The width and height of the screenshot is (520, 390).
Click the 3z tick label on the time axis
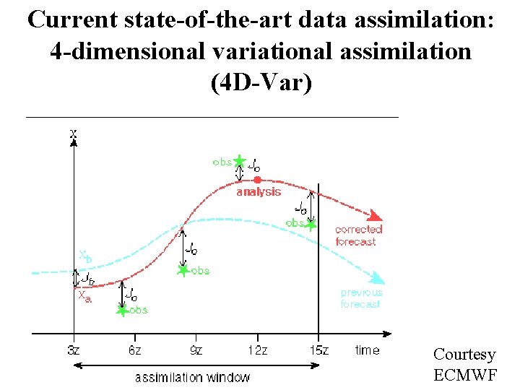(72, 350)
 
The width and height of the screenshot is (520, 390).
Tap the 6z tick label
(134, 350)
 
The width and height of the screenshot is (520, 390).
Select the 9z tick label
(196, 350)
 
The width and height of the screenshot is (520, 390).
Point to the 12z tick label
(257, 350)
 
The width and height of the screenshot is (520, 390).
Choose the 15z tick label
(318, 350)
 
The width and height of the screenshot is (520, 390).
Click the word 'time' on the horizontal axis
(367, 350)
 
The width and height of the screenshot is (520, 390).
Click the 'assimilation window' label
(192, 377)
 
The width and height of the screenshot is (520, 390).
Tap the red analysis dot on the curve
(257, 179)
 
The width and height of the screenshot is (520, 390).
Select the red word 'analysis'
(259, 192)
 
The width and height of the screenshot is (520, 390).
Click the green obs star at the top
(240, 160)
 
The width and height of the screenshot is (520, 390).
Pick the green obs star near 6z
(122, 310)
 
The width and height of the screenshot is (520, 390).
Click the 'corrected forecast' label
(358, 235)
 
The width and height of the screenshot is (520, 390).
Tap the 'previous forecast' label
(361, 298)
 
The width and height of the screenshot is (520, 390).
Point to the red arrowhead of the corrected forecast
(375, 215)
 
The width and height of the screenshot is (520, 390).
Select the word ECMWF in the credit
(464, 375)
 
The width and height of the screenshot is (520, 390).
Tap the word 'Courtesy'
(464, 355)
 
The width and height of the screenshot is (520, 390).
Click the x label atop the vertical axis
(74, 133)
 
